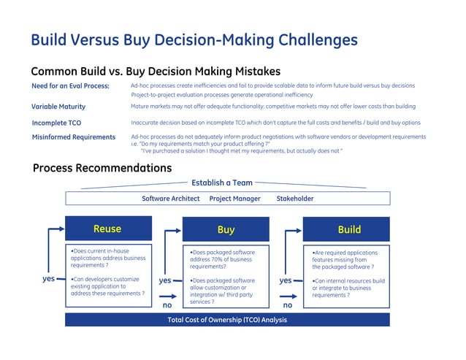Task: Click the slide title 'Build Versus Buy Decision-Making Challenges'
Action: (x=194, y=39)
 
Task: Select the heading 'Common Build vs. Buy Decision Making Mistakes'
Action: (x=156, y=72)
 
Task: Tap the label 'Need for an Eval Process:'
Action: (x=70, y=86)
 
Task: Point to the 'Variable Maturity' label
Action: (x=58, y=107)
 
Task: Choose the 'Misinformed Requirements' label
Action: (x=74, y=137)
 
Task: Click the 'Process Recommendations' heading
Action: (x=102, y=169)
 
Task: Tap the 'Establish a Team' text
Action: (x=222, y=183)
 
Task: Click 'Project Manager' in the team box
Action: (x=234, y=199)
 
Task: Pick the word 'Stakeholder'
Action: (x=295, y=199)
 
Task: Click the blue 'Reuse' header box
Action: (x=107, y=229)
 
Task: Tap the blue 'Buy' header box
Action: (x=226, y=230)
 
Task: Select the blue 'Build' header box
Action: (x=348, y=230)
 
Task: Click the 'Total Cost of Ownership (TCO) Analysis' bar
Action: (x=227, y=320)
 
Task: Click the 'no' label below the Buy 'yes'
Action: (x=167, y=305)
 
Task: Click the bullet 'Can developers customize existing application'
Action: (x=106, y=286)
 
